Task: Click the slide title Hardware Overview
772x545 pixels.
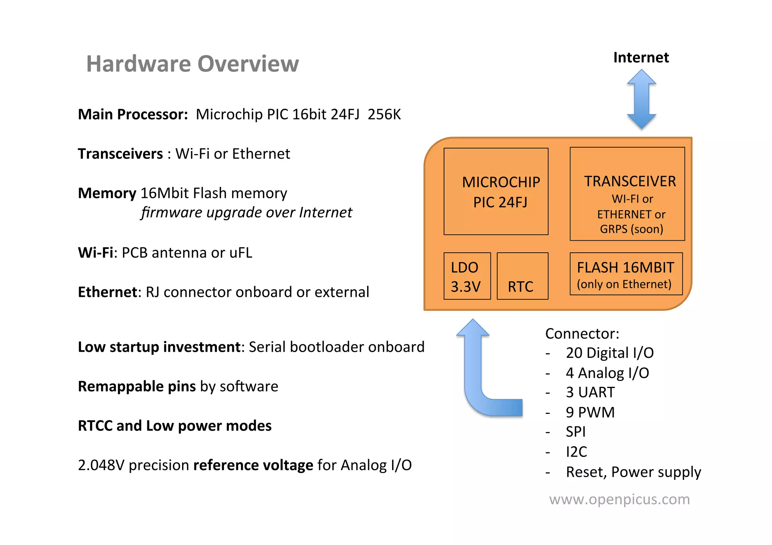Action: tap(192, 64)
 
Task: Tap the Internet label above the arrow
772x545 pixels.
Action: tap(641, 58)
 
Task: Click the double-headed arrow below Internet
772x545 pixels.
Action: tap(642, 99)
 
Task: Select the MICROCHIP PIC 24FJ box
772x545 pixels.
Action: tap(496, 191)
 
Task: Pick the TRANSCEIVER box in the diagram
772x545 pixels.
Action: tap(627, 194)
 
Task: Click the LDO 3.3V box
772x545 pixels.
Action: tap(467, 276)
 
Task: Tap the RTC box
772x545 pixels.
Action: tap(522, 276)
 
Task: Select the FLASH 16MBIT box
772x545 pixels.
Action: tap(626, 274)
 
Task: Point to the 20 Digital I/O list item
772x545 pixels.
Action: tap(610, 353)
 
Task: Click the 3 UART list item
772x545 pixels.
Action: tap(590, 392)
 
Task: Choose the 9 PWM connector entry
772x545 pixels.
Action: tap(590, 412)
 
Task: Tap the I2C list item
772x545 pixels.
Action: tap(576, 452)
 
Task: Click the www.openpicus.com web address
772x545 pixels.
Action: tap(619, 499)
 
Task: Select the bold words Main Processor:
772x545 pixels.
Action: tap(133, 114)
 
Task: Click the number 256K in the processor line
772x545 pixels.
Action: tap(384, 114)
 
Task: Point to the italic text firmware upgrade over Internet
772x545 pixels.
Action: tap(247, 212)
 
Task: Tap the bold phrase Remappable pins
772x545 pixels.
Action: tap(137, 386)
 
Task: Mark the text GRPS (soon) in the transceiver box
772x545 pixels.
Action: tap(631, 229)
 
